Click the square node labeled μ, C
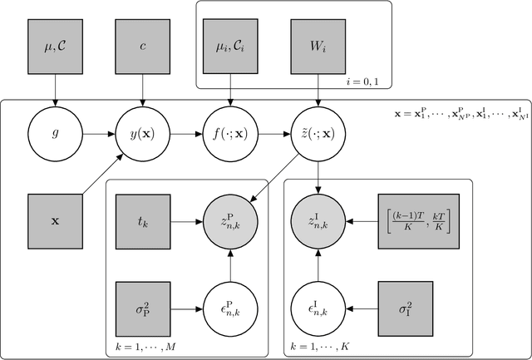tap(54, 42)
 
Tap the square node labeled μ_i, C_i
tap(229, 42)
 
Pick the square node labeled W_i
tap(318, 42)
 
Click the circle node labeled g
tap(54, 131)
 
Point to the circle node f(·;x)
tap(229, 131)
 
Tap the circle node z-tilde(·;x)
tap(318, 131)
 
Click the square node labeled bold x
tap(54, 221)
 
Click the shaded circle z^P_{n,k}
tap(229, 221)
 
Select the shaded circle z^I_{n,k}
tap(318, 221)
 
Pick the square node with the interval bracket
tap(414, 221)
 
